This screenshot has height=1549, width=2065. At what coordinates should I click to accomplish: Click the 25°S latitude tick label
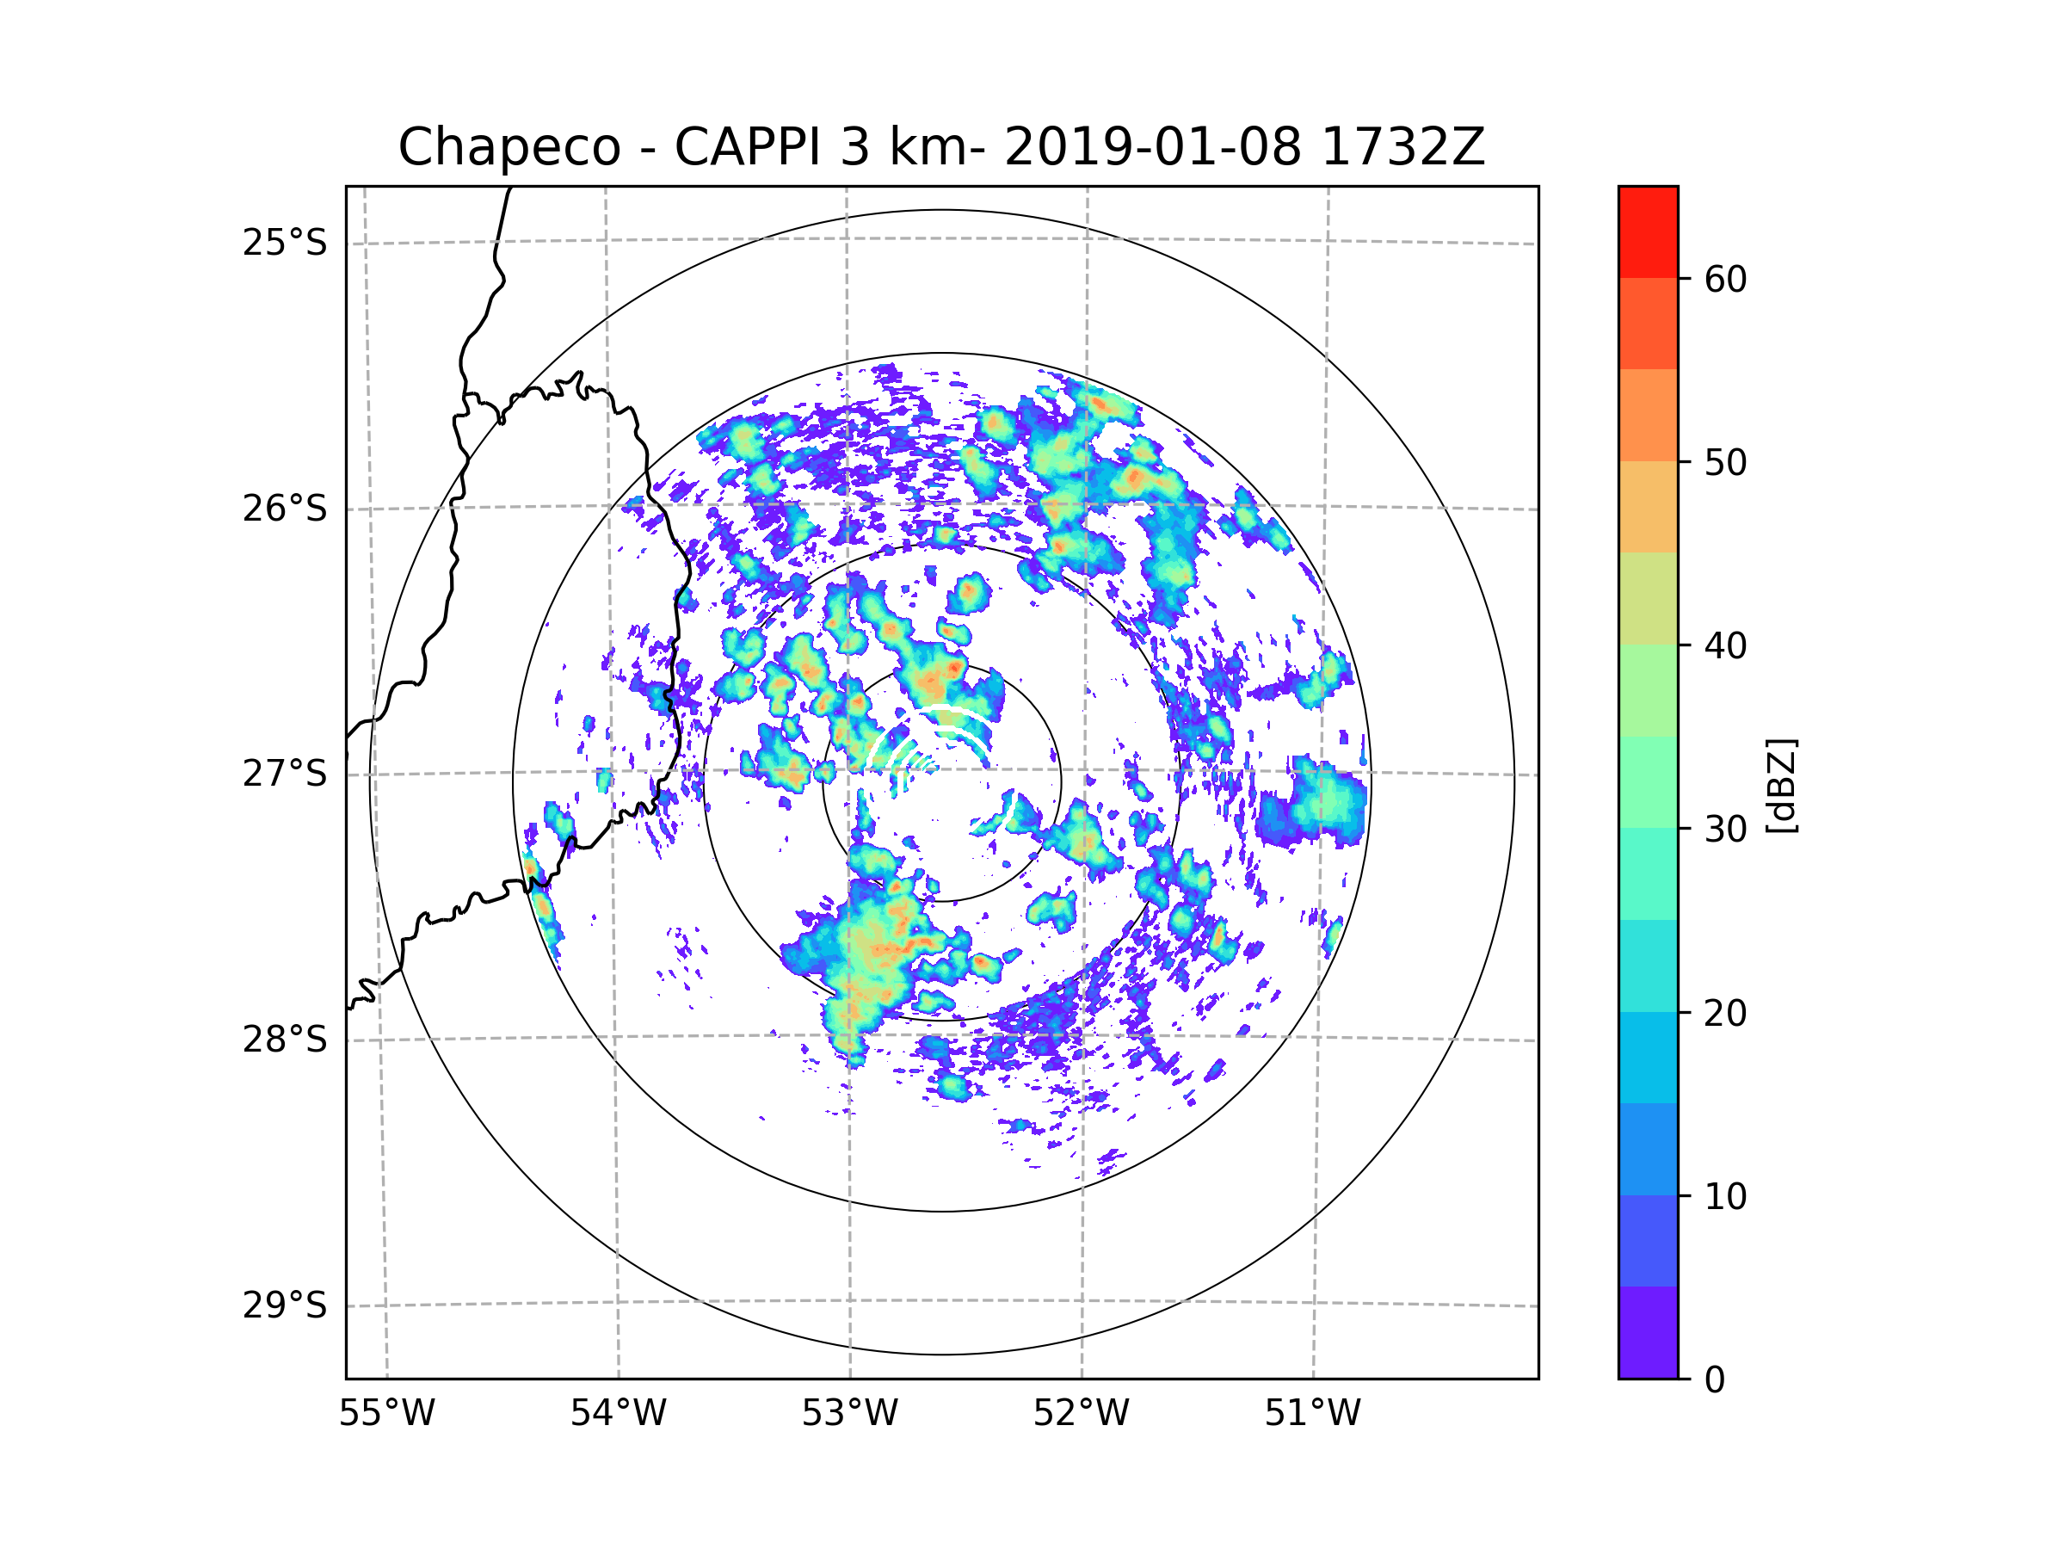pos(285,243)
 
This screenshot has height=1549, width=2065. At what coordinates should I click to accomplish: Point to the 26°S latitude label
pos(285,509)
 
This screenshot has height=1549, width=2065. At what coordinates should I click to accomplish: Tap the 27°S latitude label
pos(285,774)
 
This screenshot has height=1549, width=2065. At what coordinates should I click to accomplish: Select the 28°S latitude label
pos(285,1040)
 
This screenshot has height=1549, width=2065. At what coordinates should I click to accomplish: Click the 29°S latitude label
pos(285,1305)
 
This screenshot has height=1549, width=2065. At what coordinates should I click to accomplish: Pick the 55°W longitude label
pos(386,1414)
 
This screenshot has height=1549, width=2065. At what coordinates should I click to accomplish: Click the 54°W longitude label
pos(618,1414)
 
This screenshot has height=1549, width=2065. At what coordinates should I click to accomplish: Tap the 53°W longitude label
pos(849,1414)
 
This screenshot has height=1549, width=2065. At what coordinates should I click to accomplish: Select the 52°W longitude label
pos(1081,1414)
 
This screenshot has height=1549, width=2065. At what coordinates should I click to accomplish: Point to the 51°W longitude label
pos(1312,1414)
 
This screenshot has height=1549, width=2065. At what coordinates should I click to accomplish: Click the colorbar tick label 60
pos(1725,279)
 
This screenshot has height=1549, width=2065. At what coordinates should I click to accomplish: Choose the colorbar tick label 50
pos(1725,462)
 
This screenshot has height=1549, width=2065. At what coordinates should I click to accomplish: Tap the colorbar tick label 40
pos(1725,645)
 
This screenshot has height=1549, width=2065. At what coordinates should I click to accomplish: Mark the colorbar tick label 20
pos(1725,1013)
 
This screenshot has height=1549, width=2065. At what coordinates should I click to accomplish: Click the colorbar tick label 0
pos(1715,1380)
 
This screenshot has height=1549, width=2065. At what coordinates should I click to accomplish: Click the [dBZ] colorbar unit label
pos(1781,785)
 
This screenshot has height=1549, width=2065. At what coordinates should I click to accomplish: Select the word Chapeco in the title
pos(509,147)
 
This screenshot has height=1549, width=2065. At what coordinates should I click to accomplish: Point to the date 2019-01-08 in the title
pos(1152,147)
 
